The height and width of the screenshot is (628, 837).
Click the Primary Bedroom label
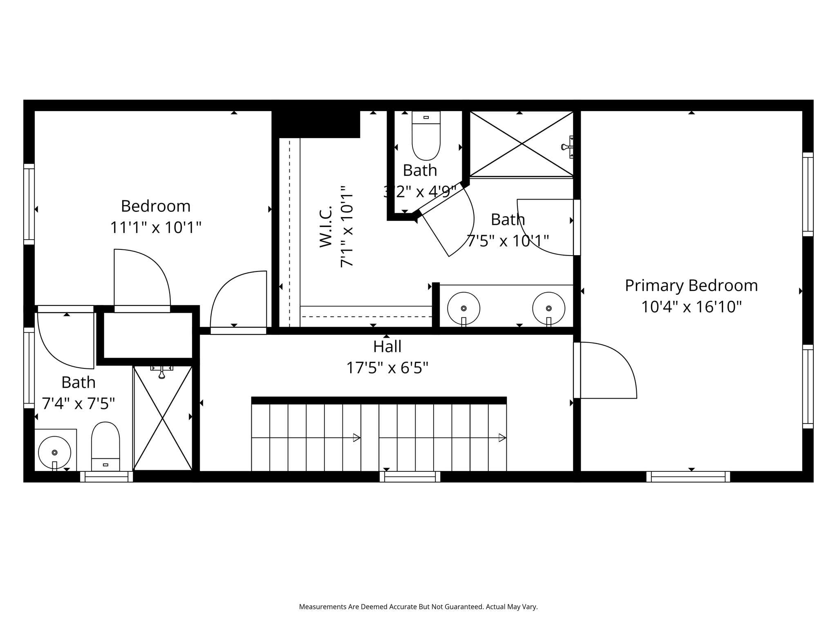point(691,285)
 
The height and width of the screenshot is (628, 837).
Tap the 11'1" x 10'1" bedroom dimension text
point(156,227)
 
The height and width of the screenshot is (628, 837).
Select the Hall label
point(387,347)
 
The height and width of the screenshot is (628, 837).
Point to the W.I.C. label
point(325,227)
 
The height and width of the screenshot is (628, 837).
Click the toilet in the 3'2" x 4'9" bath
point(426,135)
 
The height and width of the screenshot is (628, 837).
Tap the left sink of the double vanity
point(463,308)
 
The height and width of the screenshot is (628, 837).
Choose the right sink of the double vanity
point(548,308)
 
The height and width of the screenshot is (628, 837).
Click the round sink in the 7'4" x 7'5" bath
point(54,453)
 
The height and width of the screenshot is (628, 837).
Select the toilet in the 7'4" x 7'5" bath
point(105,446)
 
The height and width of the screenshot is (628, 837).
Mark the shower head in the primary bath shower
point(567,147)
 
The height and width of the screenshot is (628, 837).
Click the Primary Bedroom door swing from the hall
point(609,370)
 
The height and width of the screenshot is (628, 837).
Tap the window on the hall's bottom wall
point(410,477)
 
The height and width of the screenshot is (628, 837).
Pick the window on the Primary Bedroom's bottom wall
point(688,477)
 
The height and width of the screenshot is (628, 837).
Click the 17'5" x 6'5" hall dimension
point(387,368)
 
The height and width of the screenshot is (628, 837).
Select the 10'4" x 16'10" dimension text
point(691,307)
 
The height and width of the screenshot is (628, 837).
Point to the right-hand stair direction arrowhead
point(503,438)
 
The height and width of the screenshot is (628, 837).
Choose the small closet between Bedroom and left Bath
point(148,335)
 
